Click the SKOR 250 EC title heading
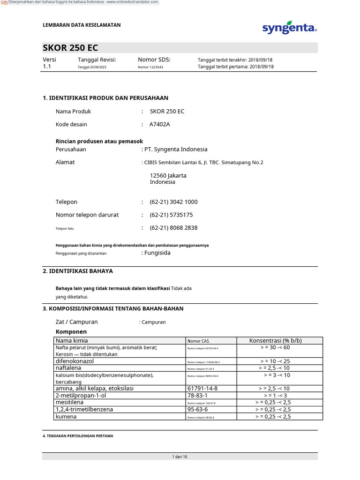[x=71, y=48]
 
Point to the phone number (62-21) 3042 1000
[x=173, y=202]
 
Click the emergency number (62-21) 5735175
[x=171, y=215]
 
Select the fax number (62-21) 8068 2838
[x=173, y=228]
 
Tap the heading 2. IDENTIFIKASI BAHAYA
[x=78, y=271]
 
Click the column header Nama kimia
[x=72, y=341]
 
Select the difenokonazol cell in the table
[x=75, y=361]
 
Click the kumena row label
[x=66, y=416]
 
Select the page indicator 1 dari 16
[x=180, y=457]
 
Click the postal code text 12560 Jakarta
[x=168, y=175]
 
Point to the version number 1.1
[x=47, y=67]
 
